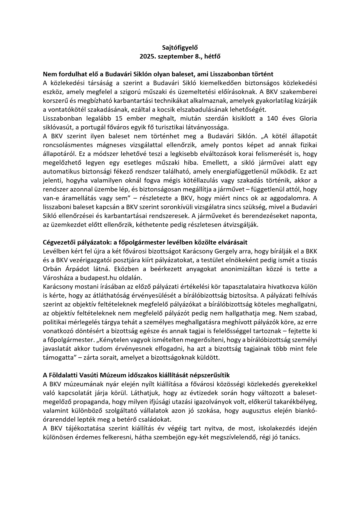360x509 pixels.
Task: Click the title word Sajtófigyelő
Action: coord(180,47)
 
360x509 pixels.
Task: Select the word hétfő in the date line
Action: coord(212,57)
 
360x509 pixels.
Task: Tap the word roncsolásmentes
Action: coord(68,145)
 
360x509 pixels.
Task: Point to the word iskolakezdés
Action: coord(273,428)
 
